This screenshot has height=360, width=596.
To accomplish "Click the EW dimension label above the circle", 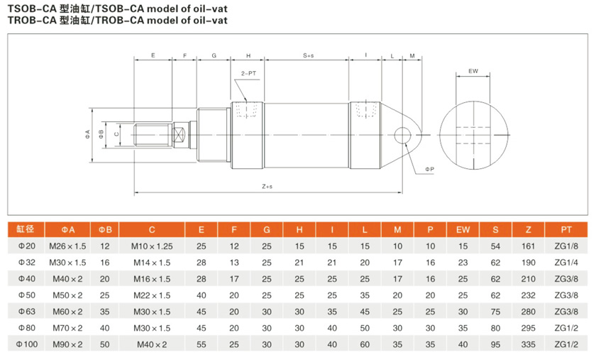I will (473, 72).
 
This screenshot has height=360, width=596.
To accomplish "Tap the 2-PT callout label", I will (248, 74).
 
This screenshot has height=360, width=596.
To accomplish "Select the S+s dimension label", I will (309, 55).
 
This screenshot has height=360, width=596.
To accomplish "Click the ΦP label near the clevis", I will (430, 170).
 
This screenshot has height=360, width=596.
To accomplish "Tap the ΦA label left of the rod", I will (87, 133).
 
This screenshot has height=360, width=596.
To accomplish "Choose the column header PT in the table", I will (565, 229).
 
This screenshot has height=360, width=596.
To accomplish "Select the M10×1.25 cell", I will (152, 246).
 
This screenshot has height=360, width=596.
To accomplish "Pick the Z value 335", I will (527, 344).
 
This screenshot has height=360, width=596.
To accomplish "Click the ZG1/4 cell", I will (565, 263).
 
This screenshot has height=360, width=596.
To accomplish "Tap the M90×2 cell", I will (67, 344).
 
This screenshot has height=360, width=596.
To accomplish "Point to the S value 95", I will (495, 344).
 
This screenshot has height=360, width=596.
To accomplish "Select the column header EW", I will (463, 229).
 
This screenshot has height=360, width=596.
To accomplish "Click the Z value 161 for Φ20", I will (527, 246).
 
